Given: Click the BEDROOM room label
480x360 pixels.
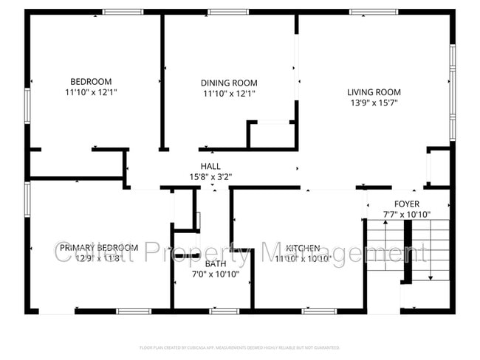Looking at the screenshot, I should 91,81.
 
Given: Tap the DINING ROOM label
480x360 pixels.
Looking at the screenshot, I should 229,83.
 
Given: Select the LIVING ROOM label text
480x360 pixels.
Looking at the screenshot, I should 374,92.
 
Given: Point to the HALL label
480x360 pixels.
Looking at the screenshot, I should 210,166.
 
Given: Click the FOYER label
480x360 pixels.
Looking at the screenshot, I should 406,204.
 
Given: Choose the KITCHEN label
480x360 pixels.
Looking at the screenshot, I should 303,249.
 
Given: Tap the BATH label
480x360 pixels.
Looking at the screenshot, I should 216,263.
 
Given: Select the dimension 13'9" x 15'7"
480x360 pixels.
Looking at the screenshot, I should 374,103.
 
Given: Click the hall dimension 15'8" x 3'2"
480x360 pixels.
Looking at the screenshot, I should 210,176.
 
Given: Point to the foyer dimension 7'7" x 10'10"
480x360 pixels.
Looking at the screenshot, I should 406,214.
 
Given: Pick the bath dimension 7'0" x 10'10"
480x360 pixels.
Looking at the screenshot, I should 216,274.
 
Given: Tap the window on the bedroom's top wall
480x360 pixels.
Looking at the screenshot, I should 123,12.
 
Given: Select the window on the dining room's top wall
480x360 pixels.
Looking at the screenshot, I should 228,12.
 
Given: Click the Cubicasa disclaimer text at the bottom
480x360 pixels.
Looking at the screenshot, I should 239,347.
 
